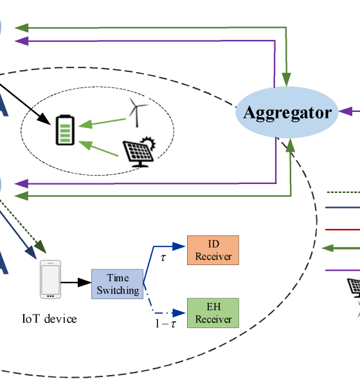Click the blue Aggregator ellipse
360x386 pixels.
(287, 112)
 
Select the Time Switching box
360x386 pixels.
(118, 284)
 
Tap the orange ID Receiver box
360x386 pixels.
(213, 250)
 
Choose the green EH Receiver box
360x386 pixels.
(213, 313)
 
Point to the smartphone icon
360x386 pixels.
(50, 279)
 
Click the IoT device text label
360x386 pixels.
(50, 319)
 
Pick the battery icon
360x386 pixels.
(65, 130)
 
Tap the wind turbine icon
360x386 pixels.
(138, 112)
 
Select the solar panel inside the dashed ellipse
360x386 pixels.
(139, 152)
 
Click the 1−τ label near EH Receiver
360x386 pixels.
(166, 324)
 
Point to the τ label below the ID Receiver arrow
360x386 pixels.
(163, 258)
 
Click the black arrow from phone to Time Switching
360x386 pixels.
(76, 282)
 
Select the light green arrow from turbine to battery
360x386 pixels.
(102, 123)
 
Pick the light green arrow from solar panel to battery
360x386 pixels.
(98, 148)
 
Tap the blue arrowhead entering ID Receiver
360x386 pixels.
(179, 246)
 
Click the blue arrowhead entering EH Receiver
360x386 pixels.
(179, 313)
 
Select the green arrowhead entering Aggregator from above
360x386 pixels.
(286, 79)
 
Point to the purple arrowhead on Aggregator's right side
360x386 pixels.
(345, 111)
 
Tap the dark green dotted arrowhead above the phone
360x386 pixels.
(41, 246)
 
